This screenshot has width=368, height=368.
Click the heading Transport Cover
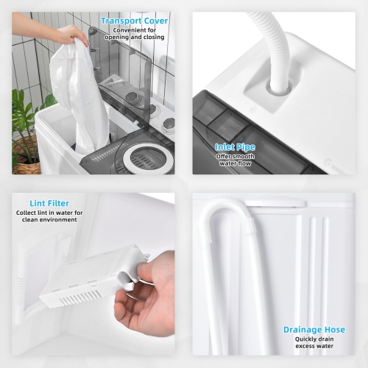134,21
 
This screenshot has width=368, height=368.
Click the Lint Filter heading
49,202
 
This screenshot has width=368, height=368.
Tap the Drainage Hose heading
314,330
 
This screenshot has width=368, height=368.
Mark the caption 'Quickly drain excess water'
314,344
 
